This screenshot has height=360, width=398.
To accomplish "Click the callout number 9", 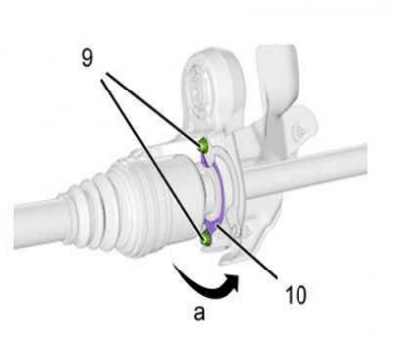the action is pos(87,60).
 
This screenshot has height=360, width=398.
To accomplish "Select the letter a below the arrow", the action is pos(199,313).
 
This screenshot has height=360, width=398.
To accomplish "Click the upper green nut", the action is pos(203,144).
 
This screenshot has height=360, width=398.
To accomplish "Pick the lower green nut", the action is pos(206,240).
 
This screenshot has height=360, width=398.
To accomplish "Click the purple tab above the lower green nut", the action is pos(210,226).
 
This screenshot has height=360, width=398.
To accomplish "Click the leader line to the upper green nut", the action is pos(152,108).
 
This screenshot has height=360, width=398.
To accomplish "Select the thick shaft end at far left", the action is pos(37,226).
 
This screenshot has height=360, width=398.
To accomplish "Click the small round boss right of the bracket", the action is pos(301,132).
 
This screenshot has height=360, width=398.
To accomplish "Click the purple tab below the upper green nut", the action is pos(205,160).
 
